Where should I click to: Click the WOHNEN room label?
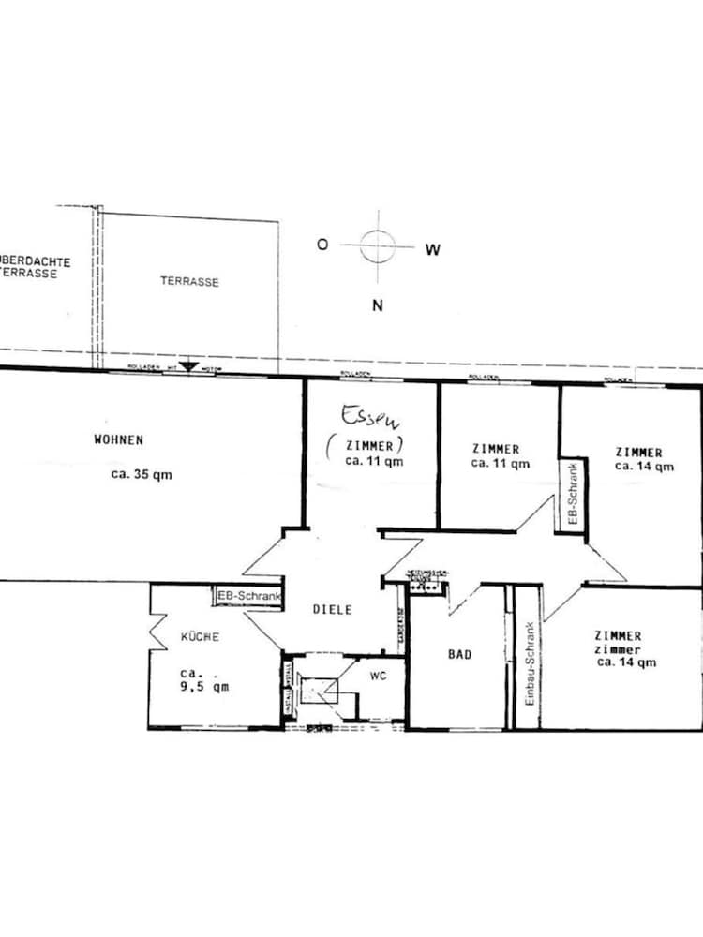coord(119,439)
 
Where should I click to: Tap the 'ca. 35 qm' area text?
coord(142,474)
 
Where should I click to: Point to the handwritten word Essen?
coord(363,415)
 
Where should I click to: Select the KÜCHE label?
coord(201,637)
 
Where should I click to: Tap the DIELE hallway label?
coord(333,610)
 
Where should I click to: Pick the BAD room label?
coord(459,655)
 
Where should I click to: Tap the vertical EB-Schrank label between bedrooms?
coord(573,496)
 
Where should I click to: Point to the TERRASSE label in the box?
coord(189,281)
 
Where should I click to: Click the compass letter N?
coord(377,305)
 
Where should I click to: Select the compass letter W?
coord(432,249)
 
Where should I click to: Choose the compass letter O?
coord(322,245)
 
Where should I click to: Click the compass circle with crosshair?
coord(377,246)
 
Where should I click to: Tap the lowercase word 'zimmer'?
coord(617,649)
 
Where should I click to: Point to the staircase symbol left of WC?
coord(320,693)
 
